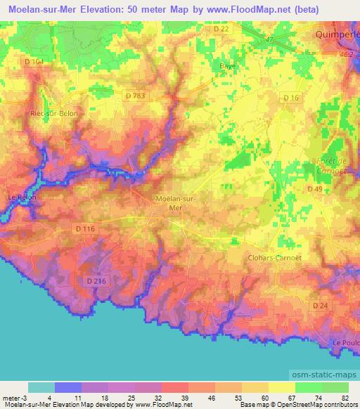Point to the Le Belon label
tap(21, 197)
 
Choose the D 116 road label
tap(84, 229)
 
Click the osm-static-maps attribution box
tap(324, 373)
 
